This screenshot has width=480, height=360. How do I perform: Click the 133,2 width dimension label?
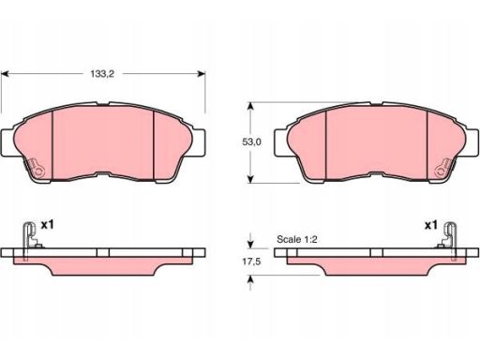tap(102, 74)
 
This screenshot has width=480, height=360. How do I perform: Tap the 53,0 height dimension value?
tap(251, 142)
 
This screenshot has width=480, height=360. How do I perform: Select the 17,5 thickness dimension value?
tap(251, 262)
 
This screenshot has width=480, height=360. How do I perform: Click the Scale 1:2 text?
tap(297, 239)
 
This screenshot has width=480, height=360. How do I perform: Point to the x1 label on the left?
tap(48, 224)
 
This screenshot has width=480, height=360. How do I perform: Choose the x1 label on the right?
tap(430, 225)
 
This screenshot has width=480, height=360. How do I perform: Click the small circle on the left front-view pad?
tap(38, 172)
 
